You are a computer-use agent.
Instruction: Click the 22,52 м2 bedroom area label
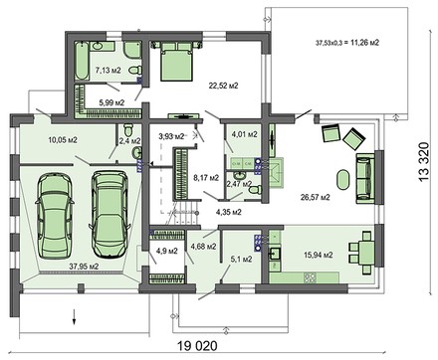point(223,86)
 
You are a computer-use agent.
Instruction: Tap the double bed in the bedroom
point(176,62)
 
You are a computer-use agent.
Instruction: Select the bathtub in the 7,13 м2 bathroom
point(82,61)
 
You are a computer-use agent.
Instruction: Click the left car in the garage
point(54,215)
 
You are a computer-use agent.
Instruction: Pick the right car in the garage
point(109,214)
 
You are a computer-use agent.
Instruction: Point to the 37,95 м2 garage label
point(84,266)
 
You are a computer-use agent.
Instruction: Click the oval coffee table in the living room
point(343,180)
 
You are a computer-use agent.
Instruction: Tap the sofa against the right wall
point(365,178)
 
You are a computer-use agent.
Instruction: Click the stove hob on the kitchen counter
point(311,277)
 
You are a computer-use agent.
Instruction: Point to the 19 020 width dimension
point(197,346)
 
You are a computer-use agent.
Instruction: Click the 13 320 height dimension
point(424,161)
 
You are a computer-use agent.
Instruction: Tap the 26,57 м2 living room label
point(316,198)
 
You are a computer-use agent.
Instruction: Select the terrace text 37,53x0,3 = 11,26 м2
point(347,43)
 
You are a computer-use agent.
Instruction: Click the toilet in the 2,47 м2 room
point(255,190)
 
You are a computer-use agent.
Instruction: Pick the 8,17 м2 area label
point(206,178)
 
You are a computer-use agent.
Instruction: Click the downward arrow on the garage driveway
point(75,316)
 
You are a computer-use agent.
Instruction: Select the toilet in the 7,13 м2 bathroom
point(135,71)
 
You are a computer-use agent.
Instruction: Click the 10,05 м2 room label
point(63,140)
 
